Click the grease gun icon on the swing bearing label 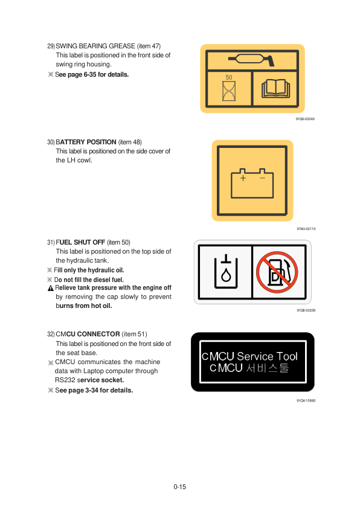251,59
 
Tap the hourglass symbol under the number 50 229,91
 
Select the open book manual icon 275,89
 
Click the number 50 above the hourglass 229,77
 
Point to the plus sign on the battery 243,178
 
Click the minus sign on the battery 262,178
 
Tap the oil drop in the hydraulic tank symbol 226,275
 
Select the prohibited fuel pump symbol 277,272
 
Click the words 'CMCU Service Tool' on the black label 249,356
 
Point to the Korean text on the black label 267,368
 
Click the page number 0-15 180,487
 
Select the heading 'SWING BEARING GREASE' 95,46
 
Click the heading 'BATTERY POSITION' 86,142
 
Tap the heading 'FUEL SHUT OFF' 80,243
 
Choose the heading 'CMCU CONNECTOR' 88,334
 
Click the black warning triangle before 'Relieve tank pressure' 51,288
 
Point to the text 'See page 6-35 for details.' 92,75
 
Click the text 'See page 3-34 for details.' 94,390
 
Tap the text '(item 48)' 130,142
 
